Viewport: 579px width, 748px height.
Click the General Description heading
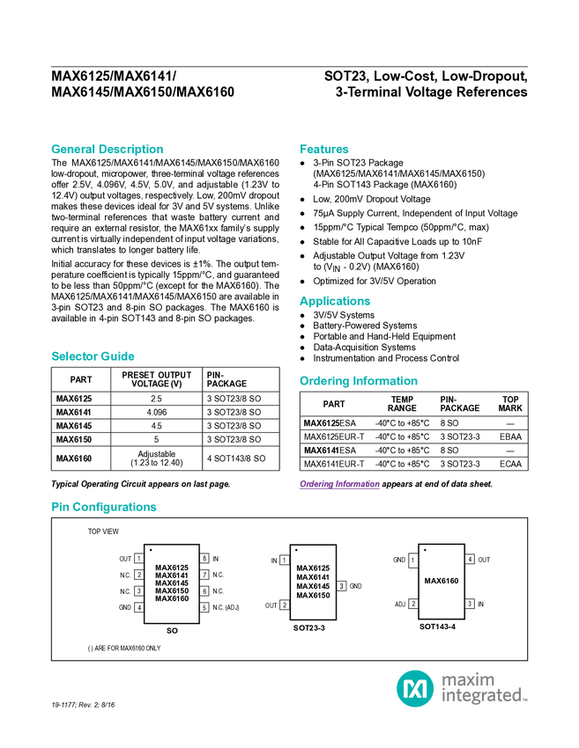[107, 150]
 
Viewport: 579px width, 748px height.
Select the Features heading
[324, 150]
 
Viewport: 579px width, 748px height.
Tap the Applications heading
[335, 301]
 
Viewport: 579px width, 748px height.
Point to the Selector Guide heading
[93, 356]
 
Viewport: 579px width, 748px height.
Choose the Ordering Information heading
[358, 381]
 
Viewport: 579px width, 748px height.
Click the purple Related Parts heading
[338, 485]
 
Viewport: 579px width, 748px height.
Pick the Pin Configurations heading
[104, 507]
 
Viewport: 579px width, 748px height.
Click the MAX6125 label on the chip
[172, 568]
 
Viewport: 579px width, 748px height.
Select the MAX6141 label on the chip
[172, 576]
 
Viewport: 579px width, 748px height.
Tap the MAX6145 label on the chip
[172, 583]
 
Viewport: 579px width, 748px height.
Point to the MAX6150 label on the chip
[172, 590]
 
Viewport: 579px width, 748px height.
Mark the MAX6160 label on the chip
[172, 598]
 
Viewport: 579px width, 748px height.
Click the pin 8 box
[204, 558]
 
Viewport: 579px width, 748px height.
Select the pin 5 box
[204, 607]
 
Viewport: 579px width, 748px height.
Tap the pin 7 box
[204, 575]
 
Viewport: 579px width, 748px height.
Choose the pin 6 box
[204, 590]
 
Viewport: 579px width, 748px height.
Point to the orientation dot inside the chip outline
[152, 550]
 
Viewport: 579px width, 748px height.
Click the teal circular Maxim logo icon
[414, 688]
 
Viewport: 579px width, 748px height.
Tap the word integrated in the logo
[484, 696]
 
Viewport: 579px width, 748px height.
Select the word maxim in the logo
[468, 678]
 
